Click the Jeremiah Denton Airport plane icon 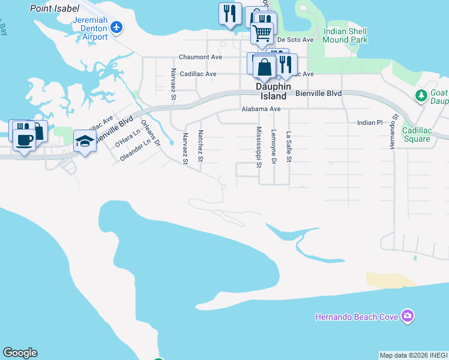[x=116, y=28]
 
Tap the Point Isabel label [x=55, y=8]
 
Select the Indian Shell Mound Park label [x=345, y=35]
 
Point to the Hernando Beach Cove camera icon [x=408, y=316]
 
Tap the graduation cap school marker [x=85, y=142]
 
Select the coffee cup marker [x=24, y=140]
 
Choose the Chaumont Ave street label [x=200, y=57]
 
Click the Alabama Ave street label [x=261, y=109]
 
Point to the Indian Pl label [x=370, y=122]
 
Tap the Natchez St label [x=200, y=146]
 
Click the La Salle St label [x=289, y=146]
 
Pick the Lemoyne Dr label [x=274, y=146]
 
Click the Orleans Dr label [x=151, y=134]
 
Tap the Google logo [x=20, y=353]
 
